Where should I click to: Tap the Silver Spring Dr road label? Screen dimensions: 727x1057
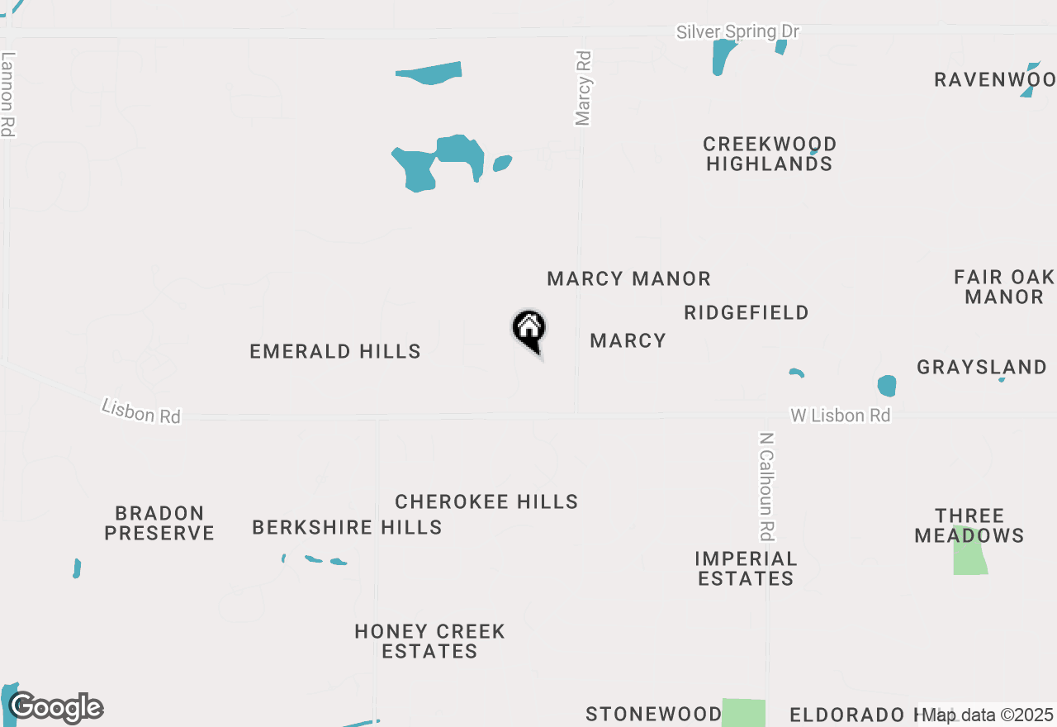737,32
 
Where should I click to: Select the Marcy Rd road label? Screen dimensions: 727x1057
584,88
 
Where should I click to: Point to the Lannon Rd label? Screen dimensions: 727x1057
8,94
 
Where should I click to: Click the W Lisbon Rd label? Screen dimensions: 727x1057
840,416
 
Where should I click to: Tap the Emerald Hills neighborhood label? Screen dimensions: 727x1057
335,352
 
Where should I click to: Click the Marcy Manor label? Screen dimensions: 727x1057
628,279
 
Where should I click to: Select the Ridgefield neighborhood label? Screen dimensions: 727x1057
746,313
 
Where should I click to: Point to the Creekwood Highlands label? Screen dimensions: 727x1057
770,154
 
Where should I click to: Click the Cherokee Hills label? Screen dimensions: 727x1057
486,502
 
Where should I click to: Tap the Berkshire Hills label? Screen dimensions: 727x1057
347,527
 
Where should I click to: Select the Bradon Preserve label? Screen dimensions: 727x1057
159,524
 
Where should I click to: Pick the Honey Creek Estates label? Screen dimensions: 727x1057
429,642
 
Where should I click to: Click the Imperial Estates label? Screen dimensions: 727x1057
746,569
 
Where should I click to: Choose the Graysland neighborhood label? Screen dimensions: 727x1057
982,367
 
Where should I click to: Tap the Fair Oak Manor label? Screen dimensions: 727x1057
1003,287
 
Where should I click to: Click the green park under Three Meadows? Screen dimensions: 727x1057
970,554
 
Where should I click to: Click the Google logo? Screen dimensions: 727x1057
56,707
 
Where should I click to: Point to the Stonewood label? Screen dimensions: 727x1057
653,714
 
